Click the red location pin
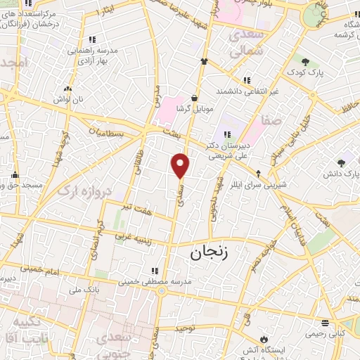point(181,165)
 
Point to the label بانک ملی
point(105,289)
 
